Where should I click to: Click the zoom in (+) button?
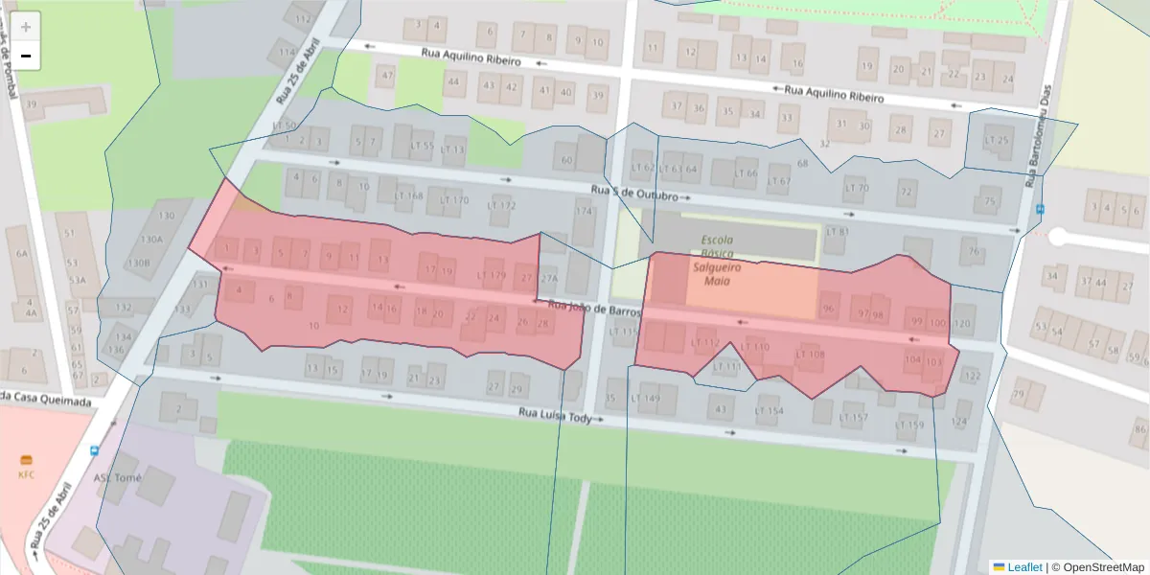click(26, 27)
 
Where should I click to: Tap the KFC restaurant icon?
click(26, 459)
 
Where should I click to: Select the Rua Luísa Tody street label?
click(555, 416)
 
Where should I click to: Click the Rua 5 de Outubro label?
click(634, 193)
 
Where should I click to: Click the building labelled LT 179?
click(491, 276)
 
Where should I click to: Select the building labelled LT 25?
click(997, 141)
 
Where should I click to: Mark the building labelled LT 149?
click(646, 398)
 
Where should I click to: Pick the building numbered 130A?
click(151, 240)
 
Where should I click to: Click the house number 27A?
click(548, 279)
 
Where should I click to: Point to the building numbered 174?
click(584, 211)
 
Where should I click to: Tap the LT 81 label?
click(838, 232)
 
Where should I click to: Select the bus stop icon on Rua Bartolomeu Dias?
click(1040, 209)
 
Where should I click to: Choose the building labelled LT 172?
click(501, 205)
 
